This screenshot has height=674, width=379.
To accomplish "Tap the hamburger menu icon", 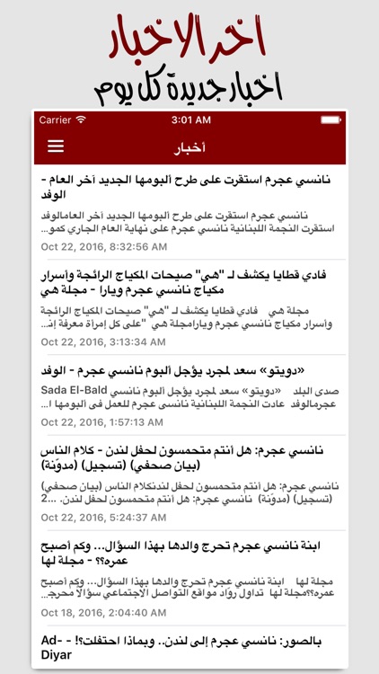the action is [x=56, y=146].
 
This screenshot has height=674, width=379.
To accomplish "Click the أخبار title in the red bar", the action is [x=189, y=146].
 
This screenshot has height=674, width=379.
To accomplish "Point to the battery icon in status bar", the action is [x=325, y=120].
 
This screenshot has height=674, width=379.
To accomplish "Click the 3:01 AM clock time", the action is [x=189, y=120].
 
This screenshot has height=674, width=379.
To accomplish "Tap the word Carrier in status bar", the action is [x=56, y=120].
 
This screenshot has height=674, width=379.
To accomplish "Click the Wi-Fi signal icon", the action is [x=81, y=120].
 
